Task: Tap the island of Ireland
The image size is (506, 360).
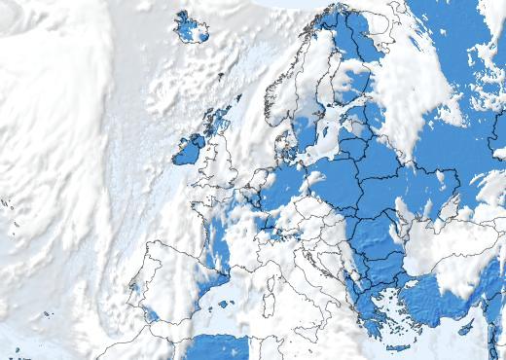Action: pos(188,149)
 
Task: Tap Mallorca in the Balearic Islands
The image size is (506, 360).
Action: pos(227,304)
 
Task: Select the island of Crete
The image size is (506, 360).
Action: pos(396,346)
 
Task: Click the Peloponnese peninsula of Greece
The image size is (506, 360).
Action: pos(376,320)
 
